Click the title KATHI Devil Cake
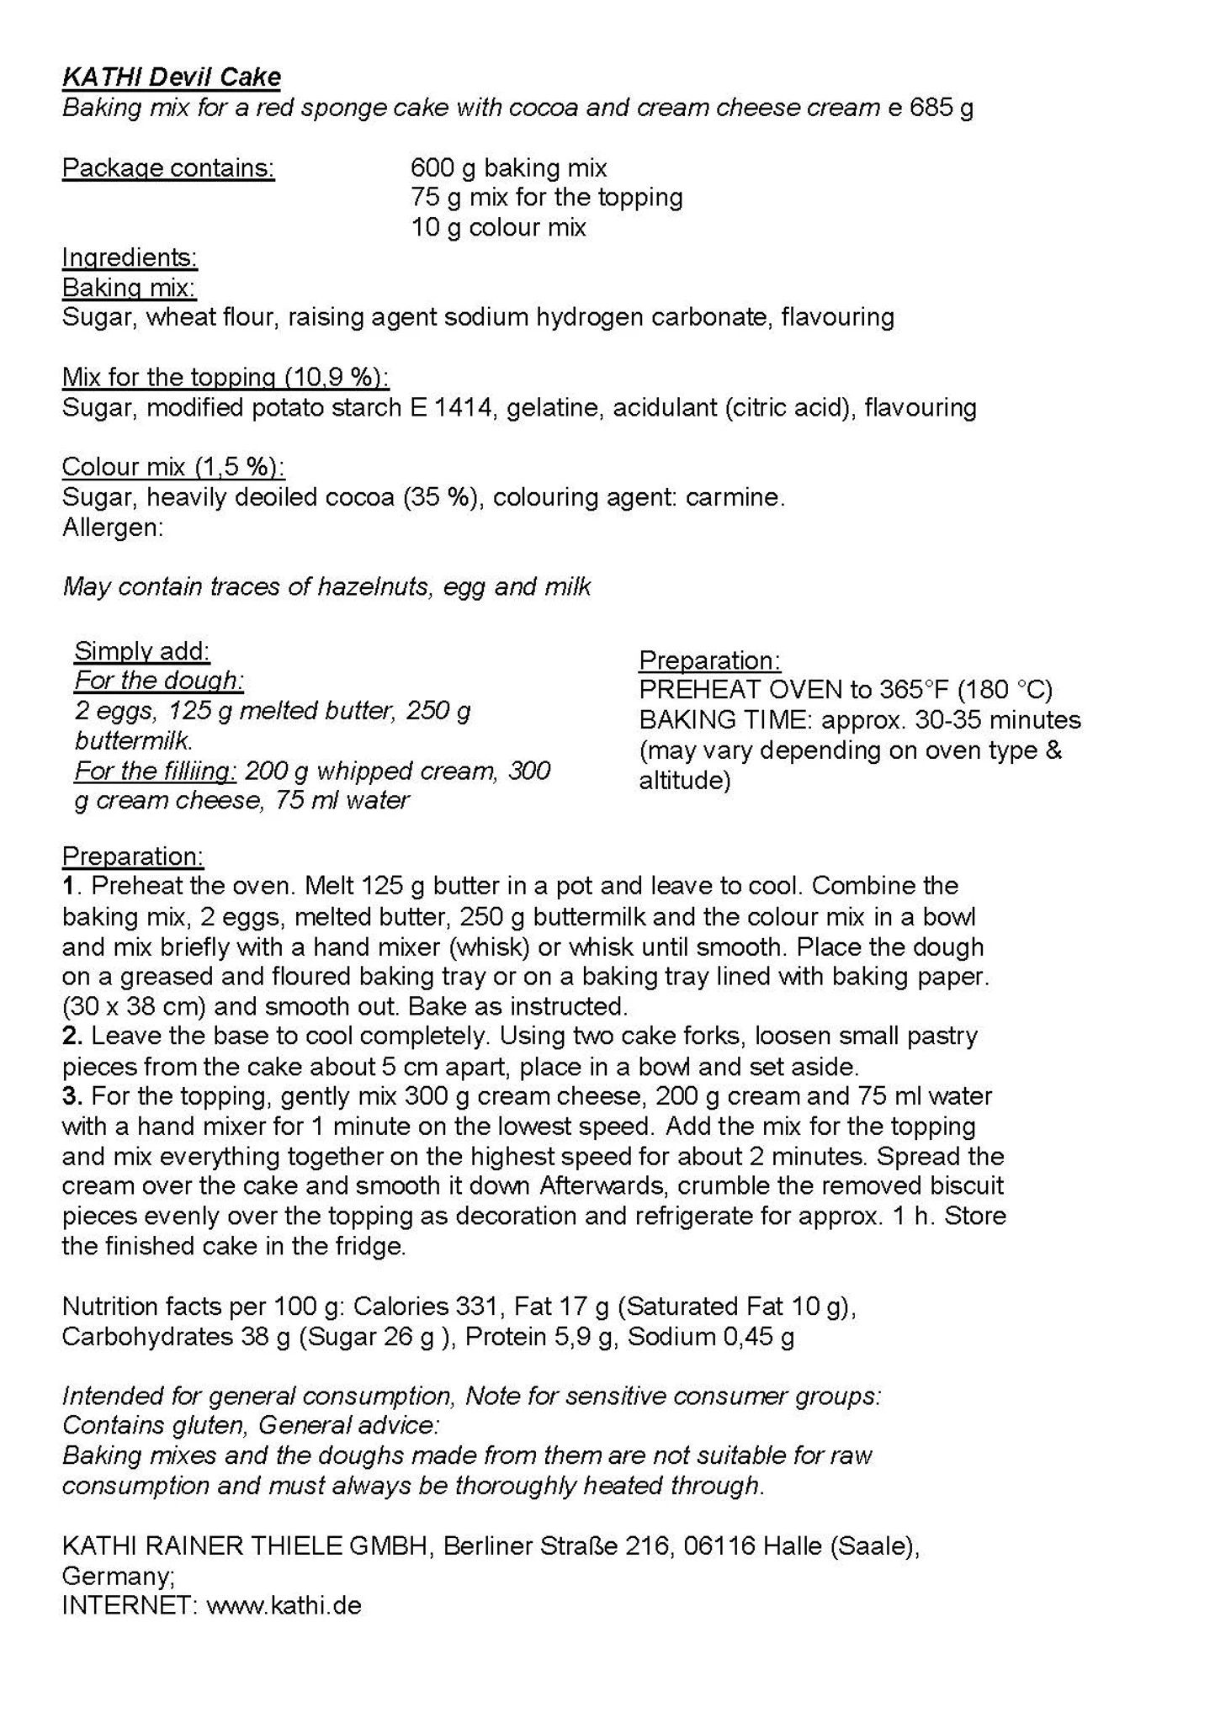pyautogui.click(x=171, y=77)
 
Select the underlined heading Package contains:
pyautogui.click(x=168, y=168)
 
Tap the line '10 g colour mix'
pyautogui.click(x=498, y=228)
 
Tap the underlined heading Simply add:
pyautogui.click(x=141, y=651)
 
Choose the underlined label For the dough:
pyautogui.click(x=158, y=681)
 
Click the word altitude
pyautogui.click(x=684, y=781)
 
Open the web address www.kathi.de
pyautogui.click(x=284, y=1606)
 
